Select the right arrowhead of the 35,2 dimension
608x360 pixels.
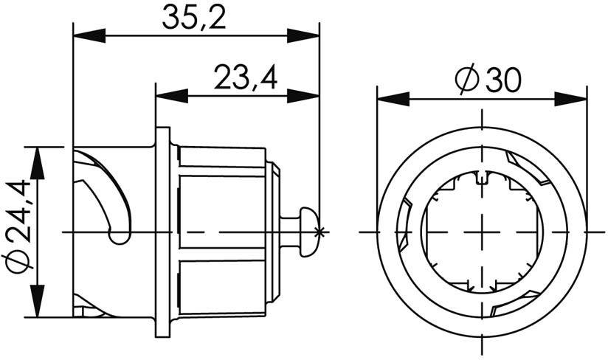click(x=304, y=35)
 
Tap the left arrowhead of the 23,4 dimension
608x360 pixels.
click(x=170, y=95)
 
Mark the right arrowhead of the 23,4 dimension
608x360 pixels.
click(x=304, y=95)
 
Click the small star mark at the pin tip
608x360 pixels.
click(x=319, y=232)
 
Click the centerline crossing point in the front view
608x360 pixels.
click(x=482, y=232)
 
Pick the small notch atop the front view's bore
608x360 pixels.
click(x=482, y=177)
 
